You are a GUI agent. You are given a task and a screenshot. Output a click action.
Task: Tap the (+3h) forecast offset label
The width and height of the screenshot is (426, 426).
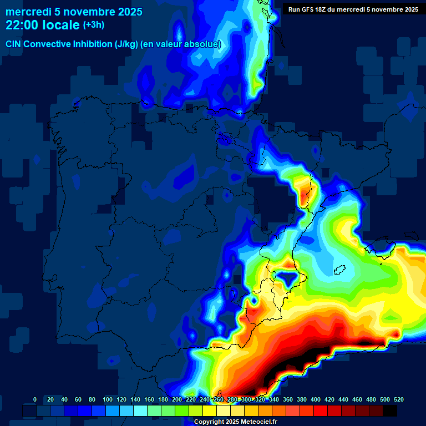[x=94, y=25]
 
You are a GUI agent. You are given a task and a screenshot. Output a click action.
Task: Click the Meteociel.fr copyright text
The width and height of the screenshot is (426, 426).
[x=235, y=422]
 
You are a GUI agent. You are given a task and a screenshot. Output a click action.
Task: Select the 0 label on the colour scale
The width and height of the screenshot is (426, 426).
[x=35, y=400]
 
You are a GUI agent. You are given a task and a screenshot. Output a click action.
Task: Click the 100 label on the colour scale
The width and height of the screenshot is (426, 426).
[x=107, y=400]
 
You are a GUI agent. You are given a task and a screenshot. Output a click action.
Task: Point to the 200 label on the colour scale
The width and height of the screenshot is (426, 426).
[x=177, y=400]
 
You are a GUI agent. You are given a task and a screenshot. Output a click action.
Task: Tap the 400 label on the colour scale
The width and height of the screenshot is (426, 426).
[x=316, y=400]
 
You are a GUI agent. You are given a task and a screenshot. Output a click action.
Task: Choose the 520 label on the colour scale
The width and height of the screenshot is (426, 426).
[x=398, y=400]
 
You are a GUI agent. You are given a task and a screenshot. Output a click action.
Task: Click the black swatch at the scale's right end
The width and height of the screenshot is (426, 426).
[x=390, y=410]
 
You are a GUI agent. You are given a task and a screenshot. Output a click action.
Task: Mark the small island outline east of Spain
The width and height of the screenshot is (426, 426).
[x=340, y=271]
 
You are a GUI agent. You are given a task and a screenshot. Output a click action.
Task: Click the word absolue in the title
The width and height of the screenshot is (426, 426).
[x=201, y=44]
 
